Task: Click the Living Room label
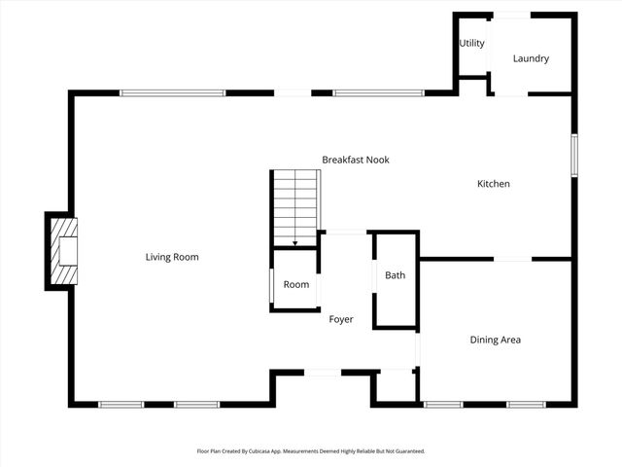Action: pos(172,257)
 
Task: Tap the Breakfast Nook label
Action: pos(356,160)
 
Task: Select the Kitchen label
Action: pos(493,184)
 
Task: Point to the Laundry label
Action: pos(531,58)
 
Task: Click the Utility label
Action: pos(472,44)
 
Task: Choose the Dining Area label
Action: pos(496,340)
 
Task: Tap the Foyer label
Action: pos(341,319)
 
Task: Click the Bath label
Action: pos(395,275)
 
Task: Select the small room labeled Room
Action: pos(296,284)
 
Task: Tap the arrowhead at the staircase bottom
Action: pos(295,242)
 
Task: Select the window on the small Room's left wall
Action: pos(270,285)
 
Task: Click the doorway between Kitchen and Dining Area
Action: pos(512,259)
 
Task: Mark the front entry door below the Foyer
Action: pos(322,372)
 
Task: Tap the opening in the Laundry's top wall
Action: pos(513,15)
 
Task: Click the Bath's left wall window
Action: pos(375,276)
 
